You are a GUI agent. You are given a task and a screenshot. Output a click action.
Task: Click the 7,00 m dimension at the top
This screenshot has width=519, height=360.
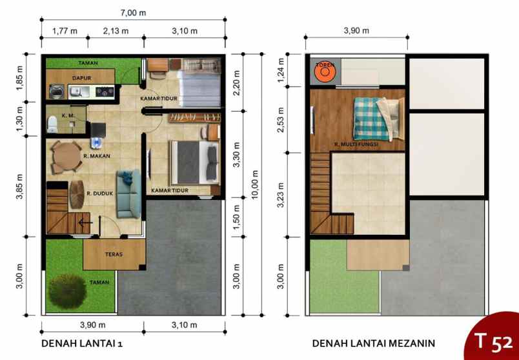click(133, 12)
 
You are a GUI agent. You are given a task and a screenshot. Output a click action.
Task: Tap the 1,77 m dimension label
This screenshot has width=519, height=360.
click(64, 30)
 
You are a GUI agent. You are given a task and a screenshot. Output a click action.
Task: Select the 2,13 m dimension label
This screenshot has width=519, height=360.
click(116, 30)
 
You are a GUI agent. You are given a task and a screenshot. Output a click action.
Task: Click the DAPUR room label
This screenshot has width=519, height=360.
click(80, 77)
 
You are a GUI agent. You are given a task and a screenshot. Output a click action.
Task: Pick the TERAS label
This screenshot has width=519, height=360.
click(114, 254)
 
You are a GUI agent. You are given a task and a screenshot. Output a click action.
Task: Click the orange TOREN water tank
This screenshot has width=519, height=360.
click(323, 72)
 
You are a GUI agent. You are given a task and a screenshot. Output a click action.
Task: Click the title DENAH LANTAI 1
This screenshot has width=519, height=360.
click(82, 343)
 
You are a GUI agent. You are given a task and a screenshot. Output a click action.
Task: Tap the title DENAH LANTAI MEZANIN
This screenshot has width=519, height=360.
click(374, 343)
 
